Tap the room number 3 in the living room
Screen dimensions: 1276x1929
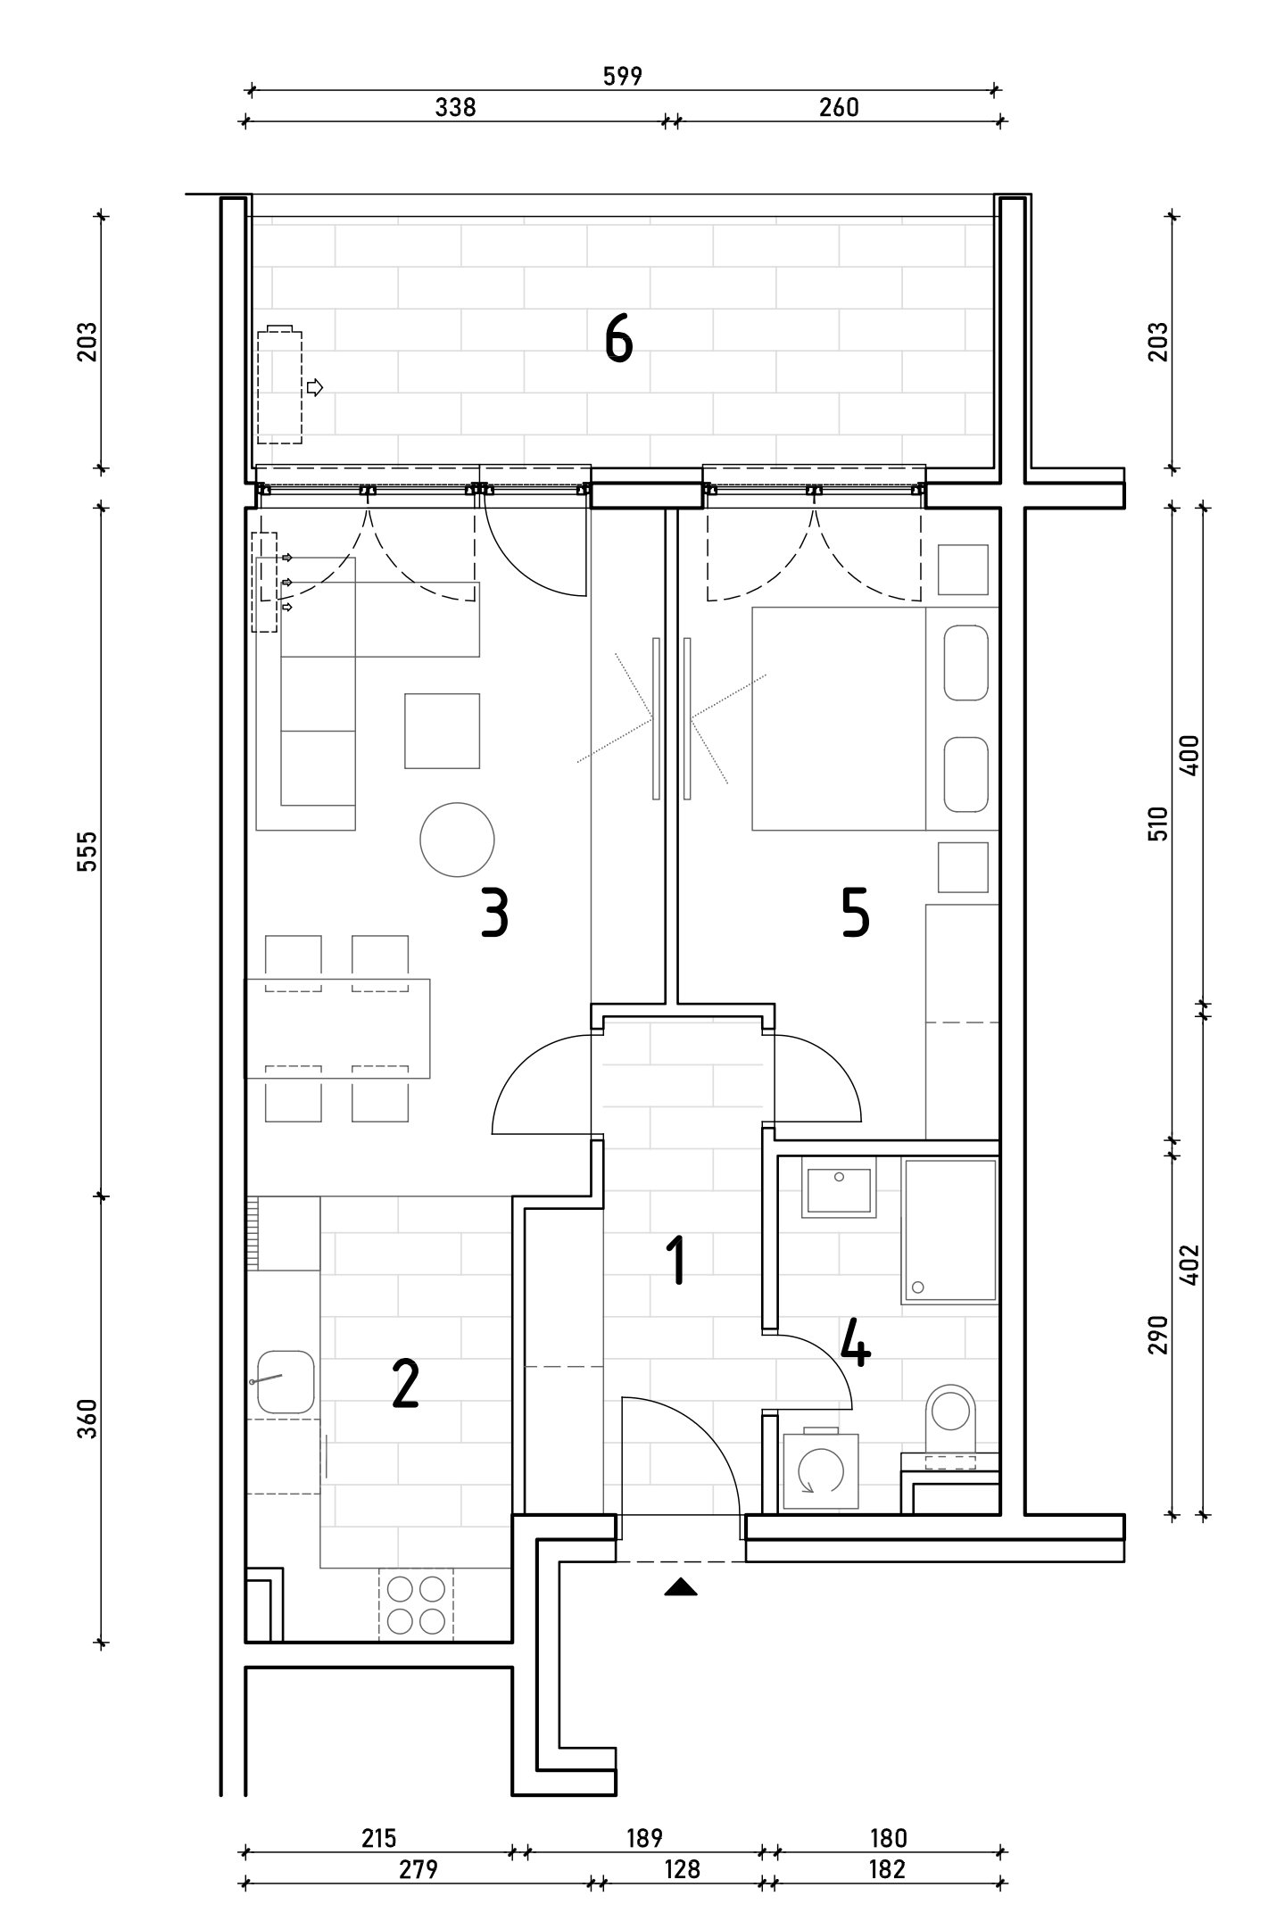494,912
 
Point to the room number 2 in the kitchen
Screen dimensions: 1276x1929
405,1385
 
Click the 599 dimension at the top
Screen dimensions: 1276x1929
623,77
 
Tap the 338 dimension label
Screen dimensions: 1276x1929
455,108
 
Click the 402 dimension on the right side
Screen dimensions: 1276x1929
1190,1264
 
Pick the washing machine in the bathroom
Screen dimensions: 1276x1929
820,1470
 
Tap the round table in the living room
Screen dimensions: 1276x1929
457,839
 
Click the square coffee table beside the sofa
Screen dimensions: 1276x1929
442,731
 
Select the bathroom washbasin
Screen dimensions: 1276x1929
838,1188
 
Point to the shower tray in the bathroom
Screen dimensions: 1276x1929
949,1230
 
